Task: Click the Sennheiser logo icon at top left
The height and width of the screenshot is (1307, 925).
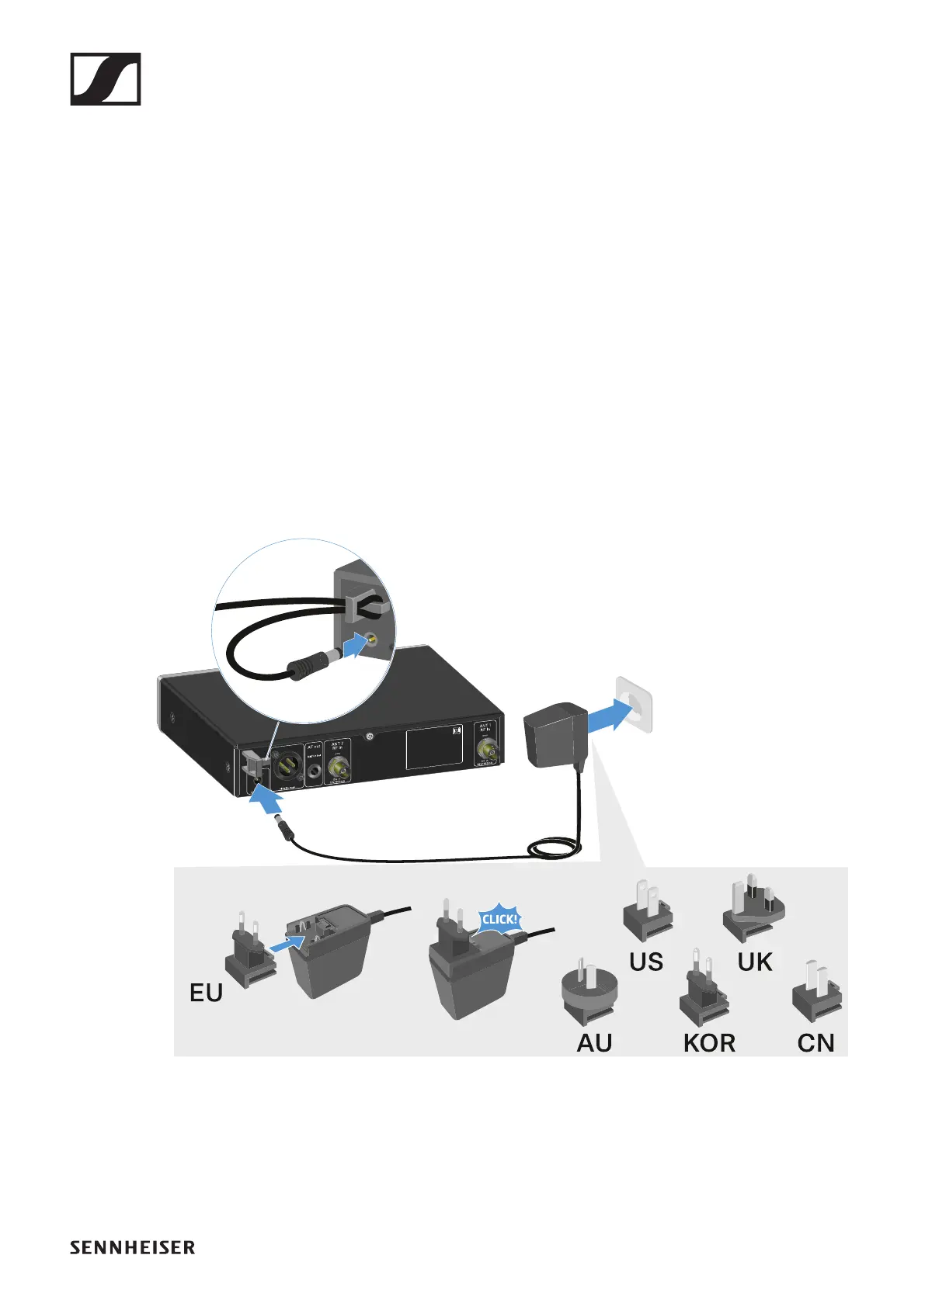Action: [106, 79]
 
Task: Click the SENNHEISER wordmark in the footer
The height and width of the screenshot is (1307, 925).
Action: [132, 1247]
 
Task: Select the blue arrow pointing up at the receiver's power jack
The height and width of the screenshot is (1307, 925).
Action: [266, 799]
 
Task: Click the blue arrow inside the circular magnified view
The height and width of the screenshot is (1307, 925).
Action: [354, 644]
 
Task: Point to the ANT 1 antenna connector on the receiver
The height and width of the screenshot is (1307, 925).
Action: [487, 751]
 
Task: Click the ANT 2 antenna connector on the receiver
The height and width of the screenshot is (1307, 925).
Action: [337, 768]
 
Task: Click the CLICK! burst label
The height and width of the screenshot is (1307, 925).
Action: [499, 920]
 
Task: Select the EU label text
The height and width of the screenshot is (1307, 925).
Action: [206, 993]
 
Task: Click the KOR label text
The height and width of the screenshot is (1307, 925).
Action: [709, 1043]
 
